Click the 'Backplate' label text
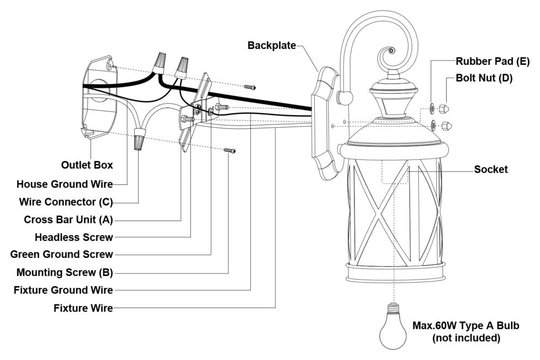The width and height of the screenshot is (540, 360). pyautogui.click(x=271, y=45)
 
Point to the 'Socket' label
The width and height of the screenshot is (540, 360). pyautogui.click(x=490, y=170)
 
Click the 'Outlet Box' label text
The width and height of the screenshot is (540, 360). pyautogui.click(x=86, y=164)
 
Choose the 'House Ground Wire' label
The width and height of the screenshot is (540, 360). pyautogui.click(x=64, y=184)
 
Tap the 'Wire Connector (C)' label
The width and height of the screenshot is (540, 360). pyautogui.click(x=65, y=202)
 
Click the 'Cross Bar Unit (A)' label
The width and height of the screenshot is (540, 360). pyautogui.click(x=68, y=219)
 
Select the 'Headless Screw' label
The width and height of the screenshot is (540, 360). pyautogui.click(x=74, y=237)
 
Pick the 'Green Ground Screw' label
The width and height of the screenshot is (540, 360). pyautogui.click(x=62, y=255)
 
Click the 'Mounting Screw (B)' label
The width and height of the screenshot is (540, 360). pyautogui.click(x=64, y=272)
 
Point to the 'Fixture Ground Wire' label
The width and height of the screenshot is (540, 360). pyautogui.click(x=63, y=290)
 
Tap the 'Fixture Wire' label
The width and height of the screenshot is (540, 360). pyautogui.click(x=83, y=308)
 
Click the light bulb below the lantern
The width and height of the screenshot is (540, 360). pyautogui.click(x=393, y=328)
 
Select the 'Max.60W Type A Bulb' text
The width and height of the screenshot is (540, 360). pyautogui.click(x=466, y=326)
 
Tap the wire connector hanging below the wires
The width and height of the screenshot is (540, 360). pyautogui.click(x=140, y=140)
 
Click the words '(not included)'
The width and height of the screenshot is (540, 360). pyautogui.click(x=466, y=338)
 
